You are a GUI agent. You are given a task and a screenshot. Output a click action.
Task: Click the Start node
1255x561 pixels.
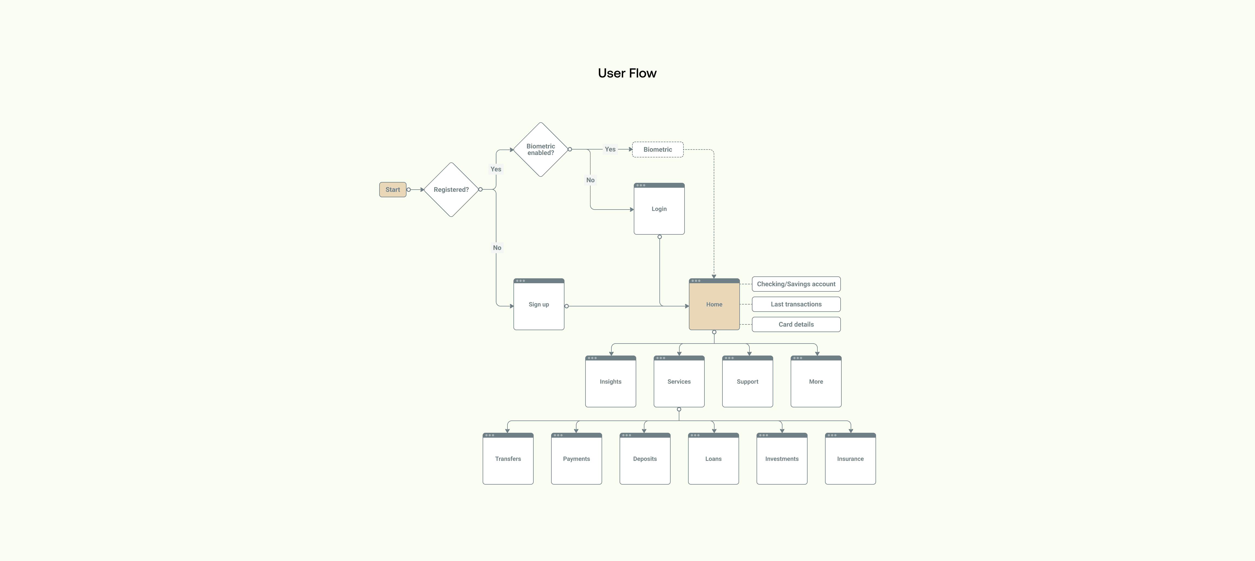[393, 190]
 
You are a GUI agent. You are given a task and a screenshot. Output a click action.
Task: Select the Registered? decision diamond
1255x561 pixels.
[451, 190]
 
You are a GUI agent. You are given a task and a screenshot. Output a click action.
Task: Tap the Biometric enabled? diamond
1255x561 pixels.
[541, 150]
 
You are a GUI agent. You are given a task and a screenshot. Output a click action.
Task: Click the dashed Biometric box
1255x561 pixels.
[658, 150]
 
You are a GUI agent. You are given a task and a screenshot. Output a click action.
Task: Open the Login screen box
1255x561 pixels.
[659, 209]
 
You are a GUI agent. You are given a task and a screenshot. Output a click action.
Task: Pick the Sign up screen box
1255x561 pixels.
[539, 304]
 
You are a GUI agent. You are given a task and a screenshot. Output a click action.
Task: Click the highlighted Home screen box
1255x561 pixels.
[714, 304]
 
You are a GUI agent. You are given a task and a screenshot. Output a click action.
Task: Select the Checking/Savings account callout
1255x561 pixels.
[796, 284]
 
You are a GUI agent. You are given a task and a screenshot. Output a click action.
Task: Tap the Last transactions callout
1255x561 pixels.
[796, 304]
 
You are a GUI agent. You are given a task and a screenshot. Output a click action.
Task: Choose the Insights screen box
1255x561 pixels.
[611, 382]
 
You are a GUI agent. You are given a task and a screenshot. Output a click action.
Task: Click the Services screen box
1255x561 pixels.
[679, 382]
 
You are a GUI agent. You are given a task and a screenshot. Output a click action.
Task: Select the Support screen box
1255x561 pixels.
[747, 382]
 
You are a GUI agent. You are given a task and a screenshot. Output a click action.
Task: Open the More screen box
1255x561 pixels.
[816, 382]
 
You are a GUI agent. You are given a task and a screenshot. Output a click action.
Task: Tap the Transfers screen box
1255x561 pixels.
[508, 459]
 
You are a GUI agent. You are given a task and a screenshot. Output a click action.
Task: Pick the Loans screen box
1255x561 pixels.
[713, 459]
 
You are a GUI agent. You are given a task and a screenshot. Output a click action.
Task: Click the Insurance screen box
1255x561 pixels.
[850, 459]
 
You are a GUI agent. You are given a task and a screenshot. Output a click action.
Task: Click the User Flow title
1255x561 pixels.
[627, 73]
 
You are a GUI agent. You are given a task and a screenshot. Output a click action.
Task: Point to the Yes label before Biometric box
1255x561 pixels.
[610, 149]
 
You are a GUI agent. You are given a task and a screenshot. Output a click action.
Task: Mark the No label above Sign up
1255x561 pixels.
[497, 247]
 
